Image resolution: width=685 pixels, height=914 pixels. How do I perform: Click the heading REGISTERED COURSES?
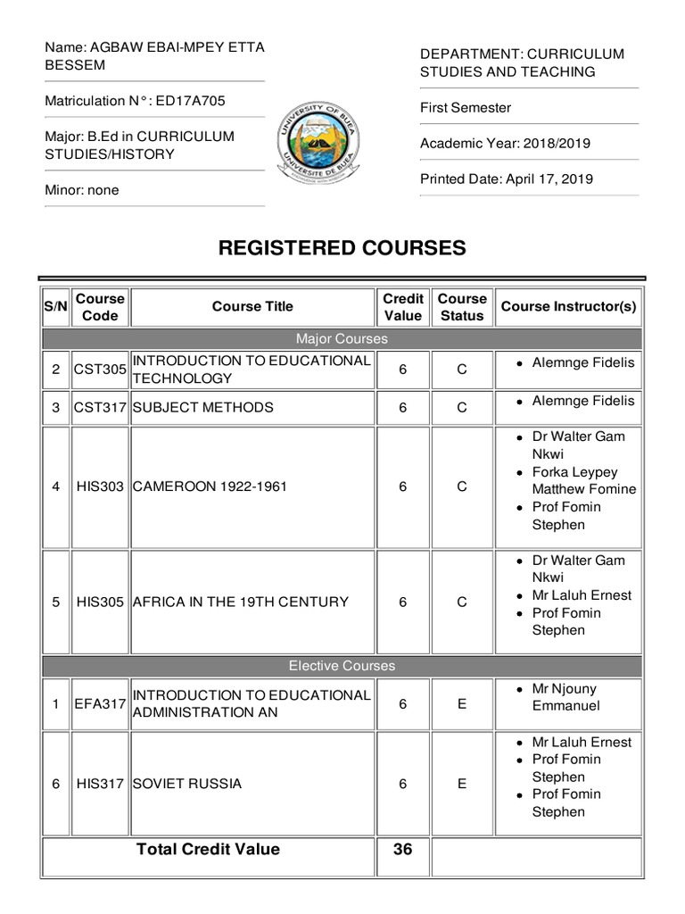click(342, 248)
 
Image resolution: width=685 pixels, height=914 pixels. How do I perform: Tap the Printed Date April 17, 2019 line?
click(507, 179)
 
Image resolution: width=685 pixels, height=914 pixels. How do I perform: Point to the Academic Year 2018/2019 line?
click(505, 143)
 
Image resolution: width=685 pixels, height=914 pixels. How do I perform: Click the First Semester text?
click(466, 108)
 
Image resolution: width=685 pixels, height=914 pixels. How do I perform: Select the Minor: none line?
click(82, 190)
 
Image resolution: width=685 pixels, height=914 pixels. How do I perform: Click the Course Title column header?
click(252, 307)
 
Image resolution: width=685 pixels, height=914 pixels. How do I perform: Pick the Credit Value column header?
click(402, 307)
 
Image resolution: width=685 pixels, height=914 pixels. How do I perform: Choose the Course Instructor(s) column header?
click(569, 307)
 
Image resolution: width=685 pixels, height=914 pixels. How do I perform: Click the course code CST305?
click(102, 370)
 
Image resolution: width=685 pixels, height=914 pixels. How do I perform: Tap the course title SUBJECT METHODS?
click(202, 408)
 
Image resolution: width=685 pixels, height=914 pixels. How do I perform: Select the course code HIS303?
click(102, 488)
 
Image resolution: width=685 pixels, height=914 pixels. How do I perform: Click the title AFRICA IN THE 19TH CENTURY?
click(240, 602)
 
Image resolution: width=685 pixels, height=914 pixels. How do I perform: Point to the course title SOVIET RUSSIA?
click(187, 785)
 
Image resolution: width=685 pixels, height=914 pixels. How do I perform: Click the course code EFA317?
click(102, 704)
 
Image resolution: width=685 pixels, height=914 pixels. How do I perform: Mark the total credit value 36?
click(402, 850)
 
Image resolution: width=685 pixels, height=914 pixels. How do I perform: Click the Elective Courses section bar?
click(342, 666)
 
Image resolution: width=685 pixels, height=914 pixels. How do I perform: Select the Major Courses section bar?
click(342, 339)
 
